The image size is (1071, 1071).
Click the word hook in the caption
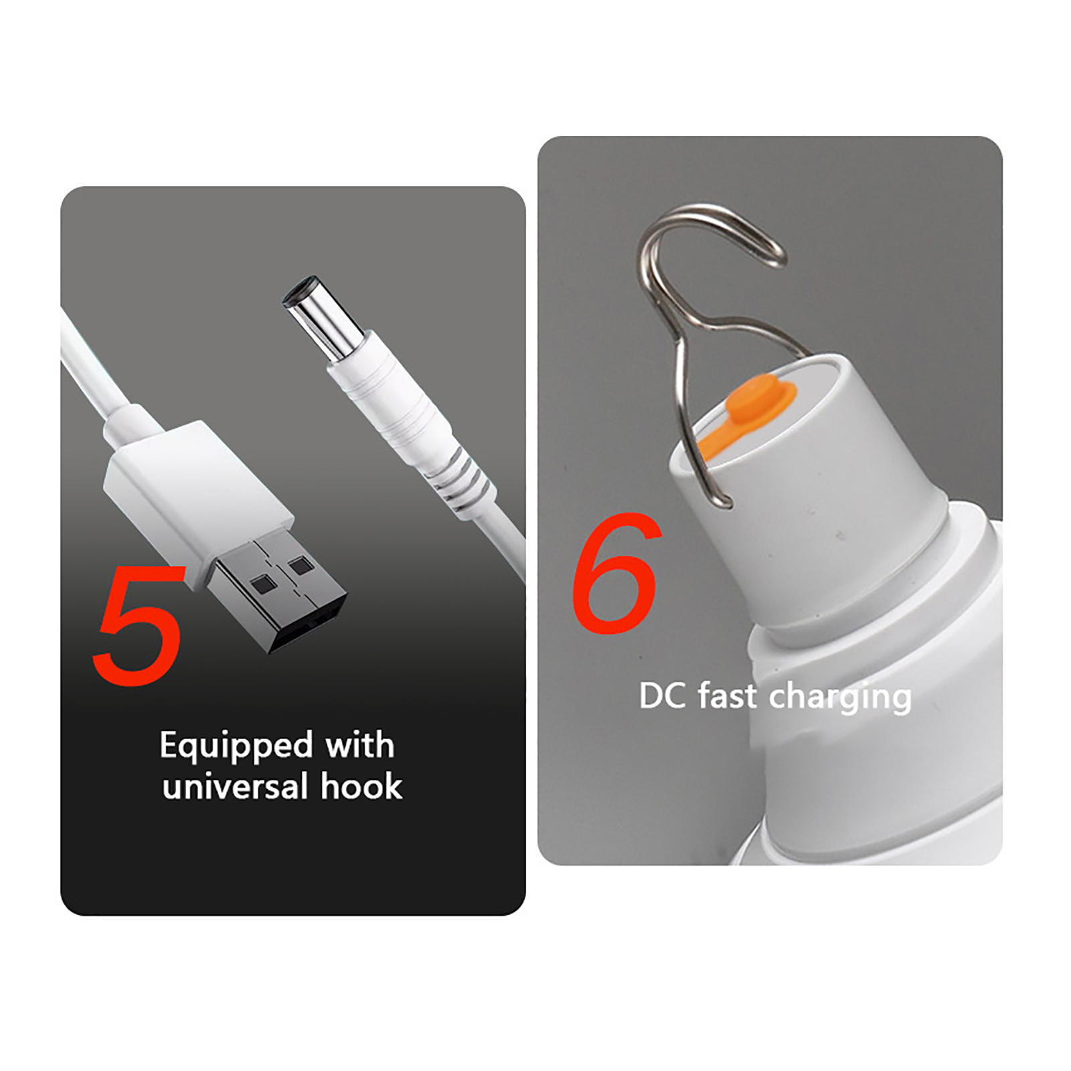(361, 786)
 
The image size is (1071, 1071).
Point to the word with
(360, 744)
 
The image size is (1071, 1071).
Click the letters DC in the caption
(663, 696)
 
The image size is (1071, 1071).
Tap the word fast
(728, 695)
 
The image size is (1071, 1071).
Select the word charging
(840, 698)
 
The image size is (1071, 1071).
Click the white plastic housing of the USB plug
(197, 499)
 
